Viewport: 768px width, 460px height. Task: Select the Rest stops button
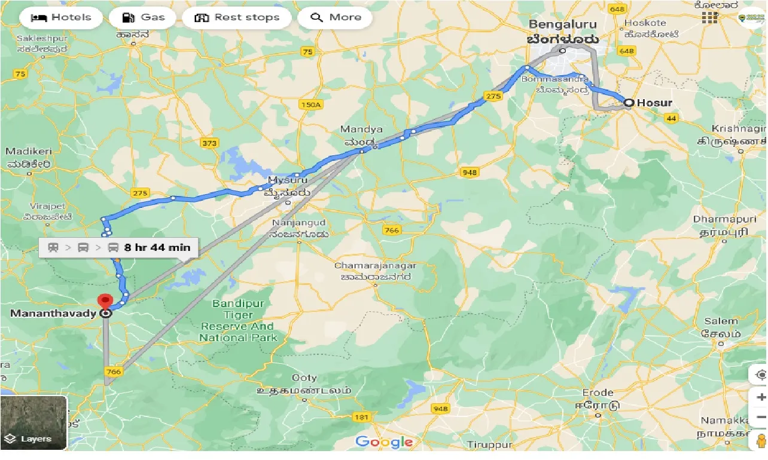tap(237, 17)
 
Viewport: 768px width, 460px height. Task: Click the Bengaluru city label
tap(563, 25)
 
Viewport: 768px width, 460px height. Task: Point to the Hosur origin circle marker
tap(628, 103)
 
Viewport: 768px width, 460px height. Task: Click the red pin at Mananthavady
tap(105, 300)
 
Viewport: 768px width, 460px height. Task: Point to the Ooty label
tap(304, 378)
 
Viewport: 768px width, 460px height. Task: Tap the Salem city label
tap(721, 321)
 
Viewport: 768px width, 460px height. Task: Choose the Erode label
tap(598, 392)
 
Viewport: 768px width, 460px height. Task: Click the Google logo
tap(384, 442)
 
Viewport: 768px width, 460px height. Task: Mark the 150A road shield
tap(311, 105)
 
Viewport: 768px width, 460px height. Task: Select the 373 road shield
tap(210, 143)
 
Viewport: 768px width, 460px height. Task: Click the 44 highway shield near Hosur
tap(671, 118)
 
